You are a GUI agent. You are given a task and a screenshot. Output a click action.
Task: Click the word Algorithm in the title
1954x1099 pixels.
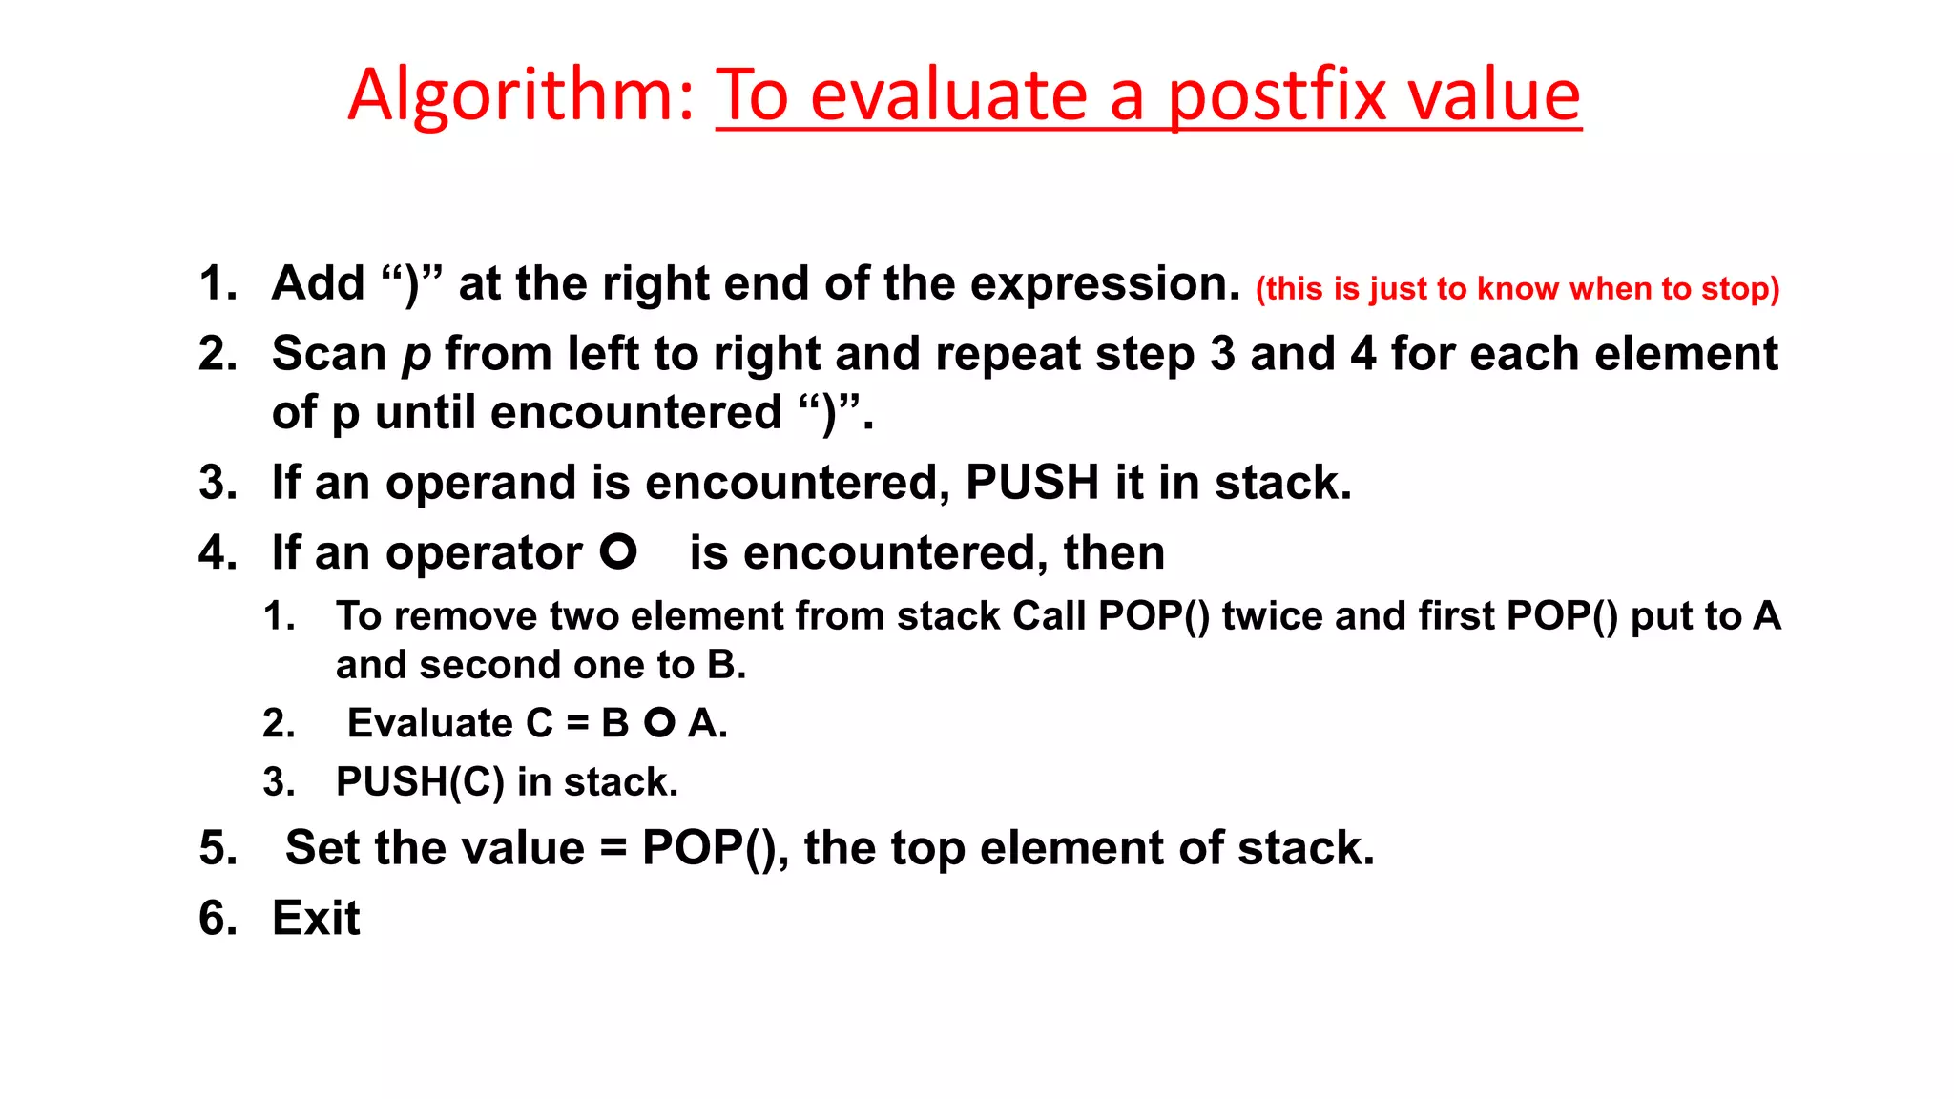point(520,95)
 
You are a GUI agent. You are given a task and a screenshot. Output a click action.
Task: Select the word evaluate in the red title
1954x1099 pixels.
point(948,95)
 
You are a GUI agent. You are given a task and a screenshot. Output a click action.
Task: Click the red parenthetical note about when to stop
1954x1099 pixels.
point(1517,288)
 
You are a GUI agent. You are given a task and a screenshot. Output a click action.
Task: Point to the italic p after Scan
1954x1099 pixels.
point(416,356)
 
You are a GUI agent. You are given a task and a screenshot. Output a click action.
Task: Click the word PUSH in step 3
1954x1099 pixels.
point(1031,482)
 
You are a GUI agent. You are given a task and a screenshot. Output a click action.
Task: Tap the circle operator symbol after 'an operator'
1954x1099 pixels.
point(618,551)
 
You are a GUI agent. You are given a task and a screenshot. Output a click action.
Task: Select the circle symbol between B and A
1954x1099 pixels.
point(659,723)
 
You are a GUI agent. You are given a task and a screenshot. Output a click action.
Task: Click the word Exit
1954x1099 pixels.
point(316,918)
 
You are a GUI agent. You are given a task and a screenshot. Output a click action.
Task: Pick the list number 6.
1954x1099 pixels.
point(218,918)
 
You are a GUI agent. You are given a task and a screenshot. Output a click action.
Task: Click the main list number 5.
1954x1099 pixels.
point(218,848)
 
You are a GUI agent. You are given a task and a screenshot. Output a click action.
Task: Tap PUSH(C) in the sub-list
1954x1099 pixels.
point(420,782)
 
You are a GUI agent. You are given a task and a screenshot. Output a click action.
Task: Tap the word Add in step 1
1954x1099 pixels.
point(319,283)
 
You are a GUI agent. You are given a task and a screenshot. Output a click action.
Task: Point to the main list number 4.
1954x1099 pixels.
point(218,552)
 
